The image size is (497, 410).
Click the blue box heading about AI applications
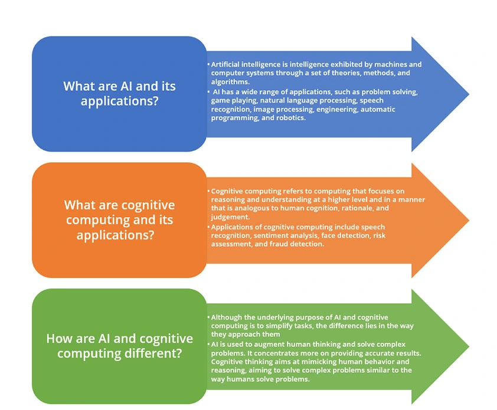119,93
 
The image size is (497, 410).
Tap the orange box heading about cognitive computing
119,219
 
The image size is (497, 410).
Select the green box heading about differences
119,346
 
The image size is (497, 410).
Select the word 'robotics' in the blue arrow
288,117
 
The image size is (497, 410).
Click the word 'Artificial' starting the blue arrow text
227,64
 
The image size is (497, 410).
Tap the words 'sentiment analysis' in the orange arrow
280,235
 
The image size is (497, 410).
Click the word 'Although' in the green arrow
227,317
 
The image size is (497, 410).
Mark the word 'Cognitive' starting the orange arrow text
228,191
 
